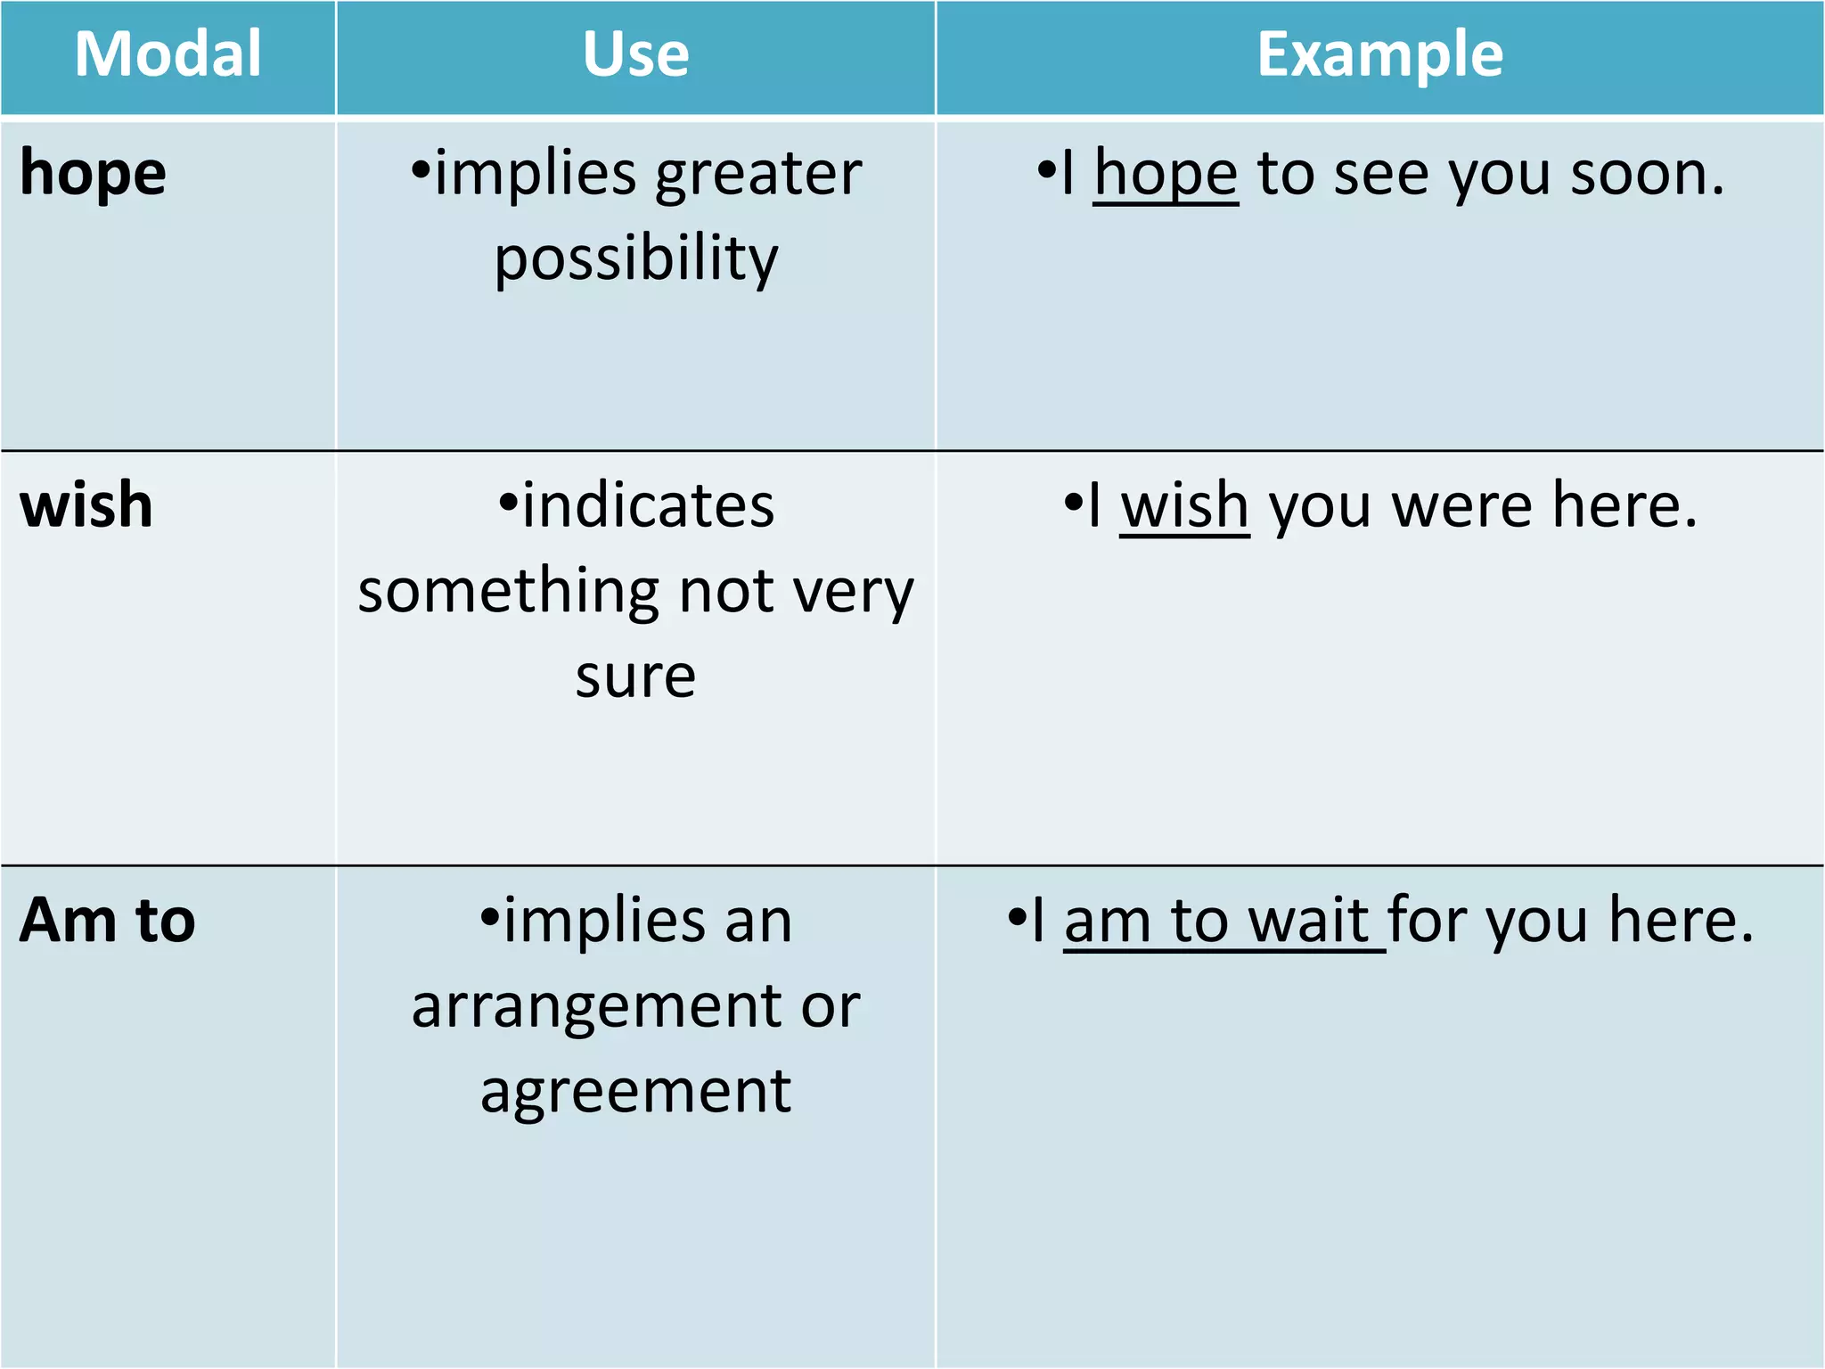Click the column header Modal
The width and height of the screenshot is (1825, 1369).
click(x=168, y=54)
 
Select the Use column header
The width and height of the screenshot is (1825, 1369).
click(x=635, y=54)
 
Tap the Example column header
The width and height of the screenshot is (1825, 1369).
click(x=1379, y=54)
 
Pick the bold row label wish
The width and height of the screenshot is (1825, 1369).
click(x=86, y=505)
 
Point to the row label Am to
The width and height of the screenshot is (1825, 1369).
click(x=107, y=920)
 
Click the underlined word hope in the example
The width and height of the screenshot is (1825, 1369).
click(x=1166, y=174)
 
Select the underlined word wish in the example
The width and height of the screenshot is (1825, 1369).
click(x=1184, y=506)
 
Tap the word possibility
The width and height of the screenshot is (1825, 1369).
click(x=636, y=258)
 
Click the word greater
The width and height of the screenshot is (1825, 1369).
click(x=758, y=174)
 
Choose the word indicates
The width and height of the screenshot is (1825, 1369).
click(x=648, y=506)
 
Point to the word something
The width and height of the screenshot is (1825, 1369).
click(x=508, y=592)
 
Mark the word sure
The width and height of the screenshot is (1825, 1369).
click(x=635, y=677)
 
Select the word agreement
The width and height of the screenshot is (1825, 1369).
click(x=635, y=1092)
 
